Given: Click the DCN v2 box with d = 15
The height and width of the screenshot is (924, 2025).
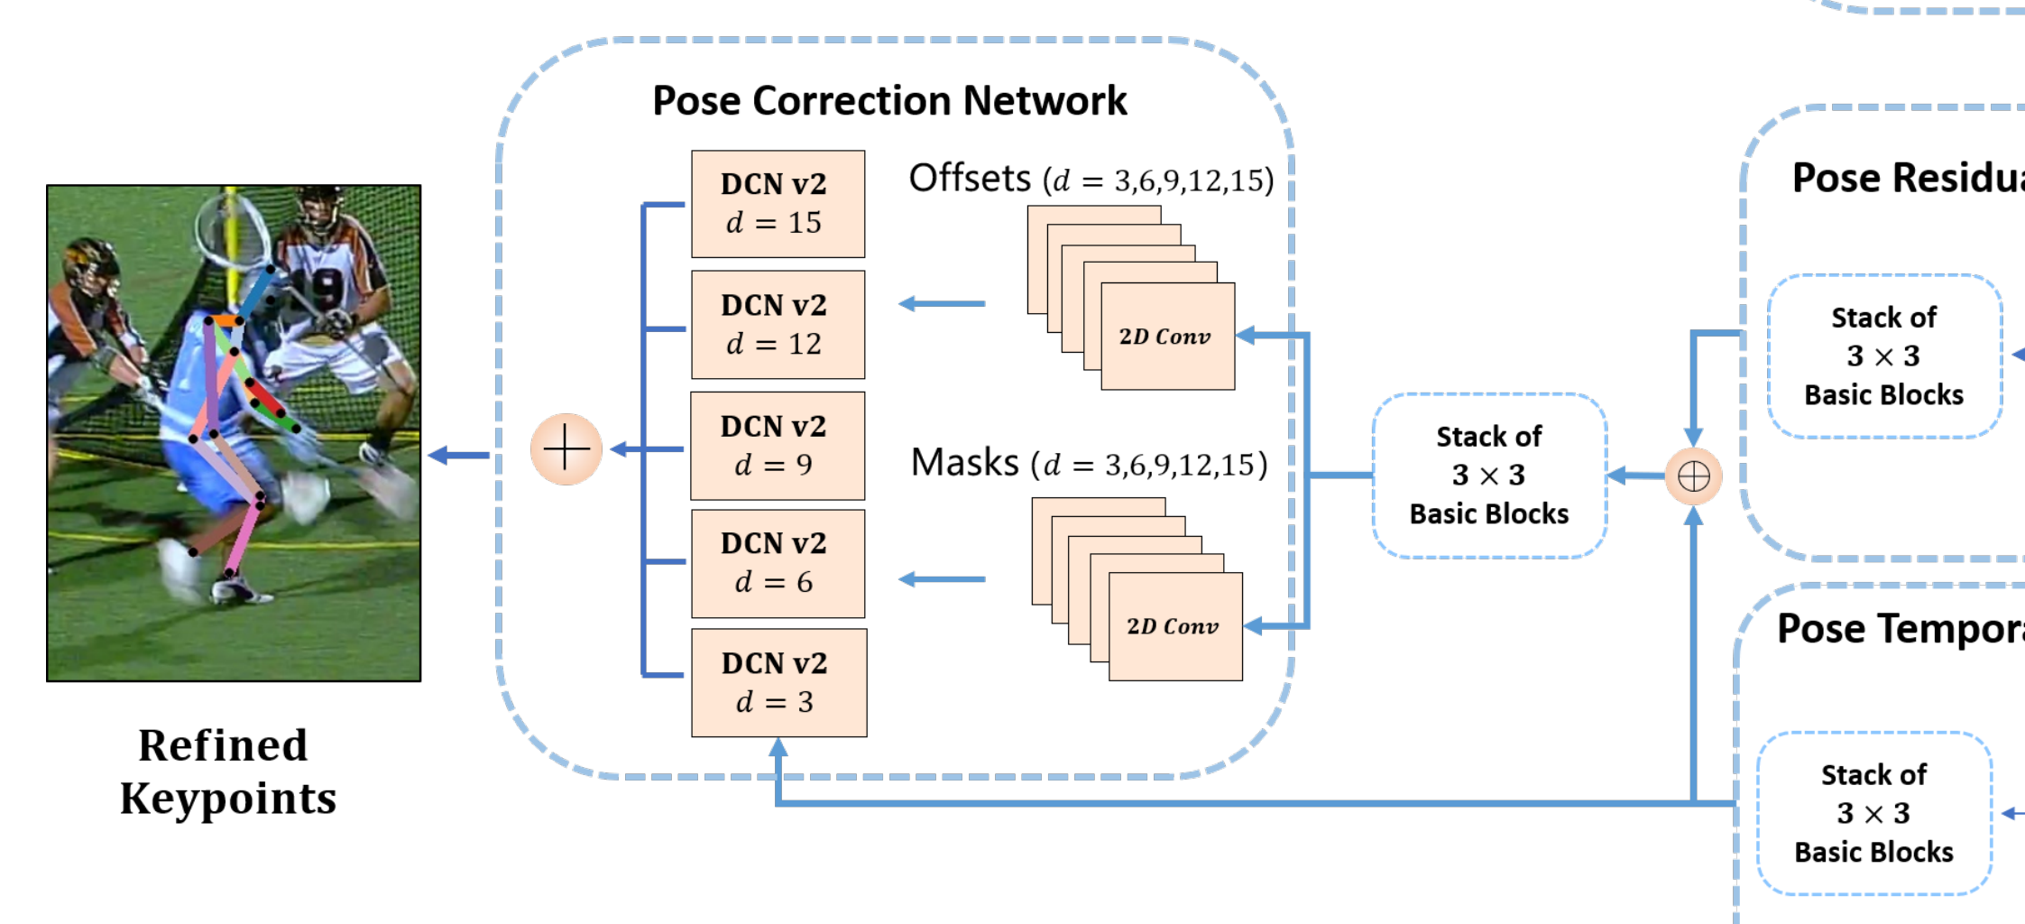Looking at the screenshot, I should (778, 204).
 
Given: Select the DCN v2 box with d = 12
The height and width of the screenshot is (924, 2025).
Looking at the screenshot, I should (778, 325).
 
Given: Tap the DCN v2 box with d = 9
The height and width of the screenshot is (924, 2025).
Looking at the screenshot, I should (778, 446).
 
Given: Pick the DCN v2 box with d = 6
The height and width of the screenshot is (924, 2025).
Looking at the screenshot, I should (778, 564).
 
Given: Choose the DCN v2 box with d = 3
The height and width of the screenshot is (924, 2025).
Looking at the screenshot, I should (778, 683).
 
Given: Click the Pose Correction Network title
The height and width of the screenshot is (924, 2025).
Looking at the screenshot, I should (889, 100).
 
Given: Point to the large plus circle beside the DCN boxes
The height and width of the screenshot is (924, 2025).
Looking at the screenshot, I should (566, 448).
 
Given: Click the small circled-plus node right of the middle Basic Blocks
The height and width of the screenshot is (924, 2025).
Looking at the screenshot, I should (1693, 476).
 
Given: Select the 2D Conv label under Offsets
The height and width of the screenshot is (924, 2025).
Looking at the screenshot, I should (1164, 337).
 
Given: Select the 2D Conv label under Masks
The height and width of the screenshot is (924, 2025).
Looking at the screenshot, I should (1173, 626).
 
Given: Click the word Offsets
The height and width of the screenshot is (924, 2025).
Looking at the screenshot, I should (969, 179).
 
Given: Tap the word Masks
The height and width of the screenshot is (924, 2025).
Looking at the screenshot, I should (963, 463).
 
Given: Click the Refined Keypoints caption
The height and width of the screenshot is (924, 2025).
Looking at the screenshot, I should (227, 772).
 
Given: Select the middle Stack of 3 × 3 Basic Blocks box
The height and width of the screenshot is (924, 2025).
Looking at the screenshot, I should (1489, 476).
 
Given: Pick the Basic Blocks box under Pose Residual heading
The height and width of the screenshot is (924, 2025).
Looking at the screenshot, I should (1883, 356).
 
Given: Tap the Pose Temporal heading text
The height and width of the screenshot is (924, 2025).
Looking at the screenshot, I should (1899, 628).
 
